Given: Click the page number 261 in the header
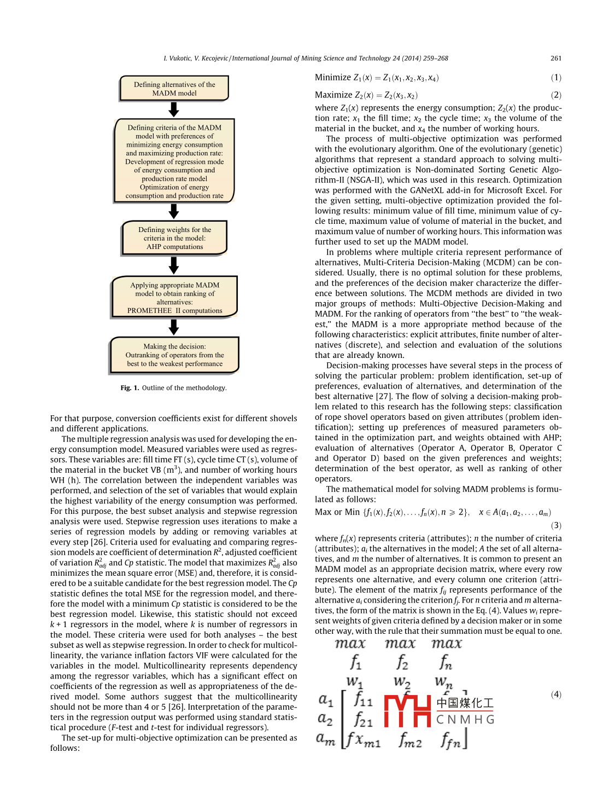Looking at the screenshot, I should click(555, 59).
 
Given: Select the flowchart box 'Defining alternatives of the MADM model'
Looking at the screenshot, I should click(174, 89).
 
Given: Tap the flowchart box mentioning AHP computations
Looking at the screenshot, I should click(174, 238).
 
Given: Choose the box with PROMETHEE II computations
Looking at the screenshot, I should click(174, 297).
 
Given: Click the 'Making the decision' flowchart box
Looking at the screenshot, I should click(174, 355).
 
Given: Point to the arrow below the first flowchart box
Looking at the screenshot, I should click(174, 109).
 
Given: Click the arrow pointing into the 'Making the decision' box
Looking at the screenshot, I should click(174, 327).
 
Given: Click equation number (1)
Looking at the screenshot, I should click(556, 78).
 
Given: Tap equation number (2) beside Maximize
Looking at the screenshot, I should click(556, 95).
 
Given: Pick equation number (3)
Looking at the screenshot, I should click(556, 525).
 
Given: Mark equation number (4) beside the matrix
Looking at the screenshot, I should click(556, 694).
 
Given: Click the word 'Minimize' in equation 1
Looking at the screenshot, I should click(333, 78).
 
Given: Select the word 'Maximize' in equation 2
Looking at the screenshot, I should click(333, 95).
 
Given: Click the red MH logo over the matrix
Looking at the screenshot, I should click(408, 711).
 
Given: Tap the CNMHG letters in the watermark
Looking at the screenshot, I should click(465, 720).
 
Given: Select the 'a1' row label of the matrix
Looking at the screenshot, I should click(326, 699).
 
